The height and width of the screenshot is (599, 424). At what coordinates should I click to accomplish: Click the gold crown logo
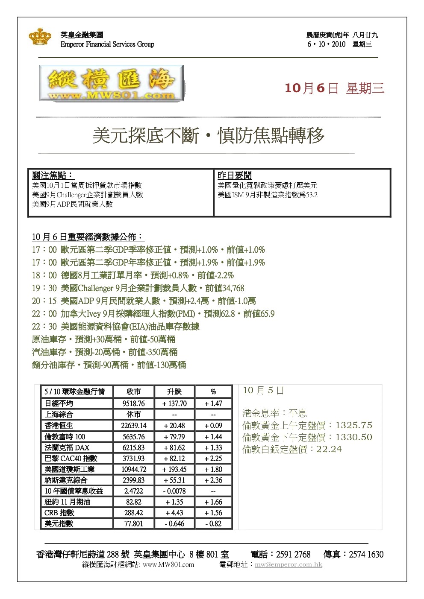(40, 36)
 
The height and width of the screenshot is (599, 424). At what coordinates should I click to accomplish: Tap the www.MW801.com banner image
(112, 83)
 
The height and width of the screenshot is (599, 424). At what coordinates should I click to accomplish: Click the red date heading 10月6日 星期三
(334, 88)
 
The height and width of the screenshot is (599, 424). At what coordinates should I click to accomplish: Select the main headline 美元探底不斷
(146, 135)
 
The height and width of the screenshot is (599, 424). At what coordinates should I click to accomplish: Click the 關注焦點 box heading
(53, 175)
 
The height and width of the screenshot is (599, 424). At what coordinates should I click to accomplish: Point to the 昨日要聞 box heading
(235, 175)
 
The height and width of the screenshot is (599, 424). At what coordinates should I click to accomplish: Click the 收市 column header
(134, 392)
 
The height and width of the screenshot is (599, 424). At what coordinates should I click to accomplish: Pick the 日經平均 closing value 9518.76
(134, 403)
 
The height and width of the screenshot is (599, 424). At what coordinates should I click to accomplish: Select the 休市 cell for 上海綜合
(134, 414)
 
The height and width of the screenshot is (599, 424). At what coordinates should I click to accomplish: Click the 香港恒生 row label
(59, 425)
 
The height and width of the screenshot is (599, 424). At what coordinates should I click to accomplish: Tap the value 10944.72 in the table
(134, 469)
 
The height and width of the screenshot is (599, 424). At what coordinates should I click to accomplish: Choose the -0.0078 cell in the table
(174, 491)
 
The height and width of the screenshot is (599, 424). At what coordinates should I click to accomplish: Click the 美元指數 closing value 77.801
(134, 523)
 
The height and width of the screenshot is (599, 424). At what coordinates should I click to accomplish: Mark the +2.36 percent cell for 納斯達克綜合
(213, 480)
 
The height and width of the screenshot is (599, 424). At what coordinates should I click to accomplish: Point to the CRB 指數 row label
(59, 513)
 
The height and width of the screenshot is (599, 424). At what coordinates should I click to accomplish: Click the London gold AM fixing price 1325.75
(354, 425)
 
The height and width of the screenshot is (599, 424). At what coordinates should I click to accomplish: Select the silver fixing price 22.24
(329, 449)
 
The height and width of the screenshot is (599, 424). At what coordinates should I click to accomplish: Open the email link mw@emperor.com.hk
(288, 564)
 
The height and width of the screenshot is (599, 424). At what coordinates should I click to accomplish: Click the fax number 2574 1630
(366, 554)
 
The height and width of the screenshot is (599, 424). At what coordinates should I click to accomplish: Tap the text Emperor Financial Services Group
(107, 44)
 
